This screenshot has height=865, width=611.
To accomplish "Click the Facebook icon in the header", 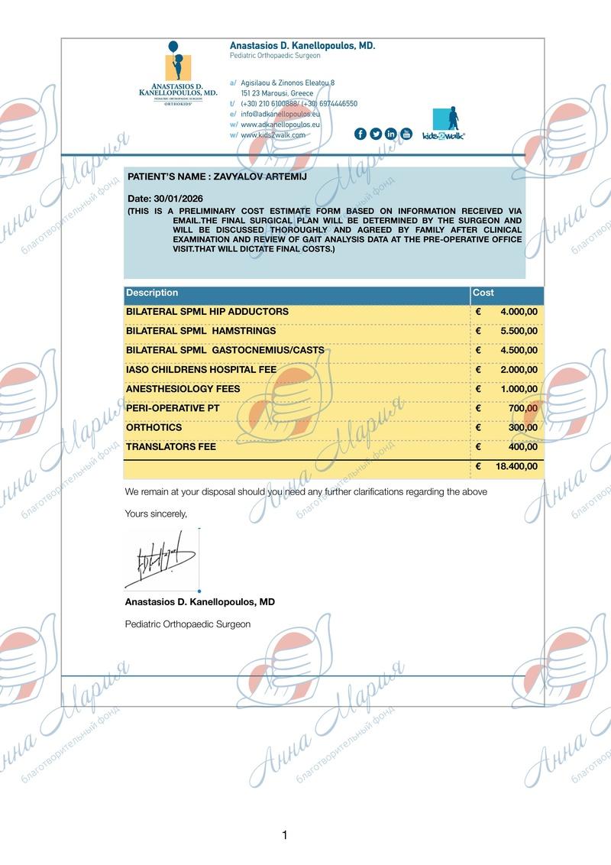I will point(360,134).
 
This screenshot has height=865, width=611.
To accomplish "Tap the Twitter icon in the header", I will point(376,134).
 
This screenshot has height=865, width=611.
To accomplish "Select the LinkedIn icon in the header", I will point(391,134).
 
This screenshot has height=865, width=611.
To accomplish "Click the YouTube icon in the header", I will point(406,134).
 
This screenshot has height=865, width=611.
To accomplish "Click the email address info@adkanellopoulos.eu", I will point(280,113).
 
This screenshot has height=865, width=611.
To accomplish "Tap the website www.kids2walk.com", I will point(273,134).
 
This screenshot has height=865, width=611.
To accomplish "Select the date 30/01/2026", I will point(181,199).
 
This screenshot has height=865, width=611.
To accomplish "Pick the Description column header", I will point(152,293).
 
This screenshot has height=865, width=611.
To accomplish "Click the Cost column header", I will point(483,293).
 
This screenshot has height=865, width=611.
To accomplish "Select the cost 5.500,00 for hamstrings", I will point(519,331).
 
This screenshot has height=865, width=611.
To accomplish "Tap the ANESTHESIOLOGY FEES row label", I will point(183,389).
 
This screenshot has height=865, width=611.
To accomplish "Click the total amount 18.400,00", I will point(516,466).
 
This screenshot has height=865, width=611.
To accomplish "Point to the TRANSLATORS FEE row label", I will point(171,446).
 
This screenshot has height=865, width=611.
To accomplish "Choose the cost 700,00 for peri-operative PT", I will point(523,408).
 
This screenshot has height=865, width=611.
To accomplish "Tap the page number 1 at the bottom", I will point(285,835).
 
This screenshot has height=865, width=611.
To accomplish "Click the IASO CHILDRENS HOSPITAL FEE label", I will point(201,370).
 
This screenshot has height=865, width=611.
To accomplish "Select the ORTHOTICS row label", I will point(154,427).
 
